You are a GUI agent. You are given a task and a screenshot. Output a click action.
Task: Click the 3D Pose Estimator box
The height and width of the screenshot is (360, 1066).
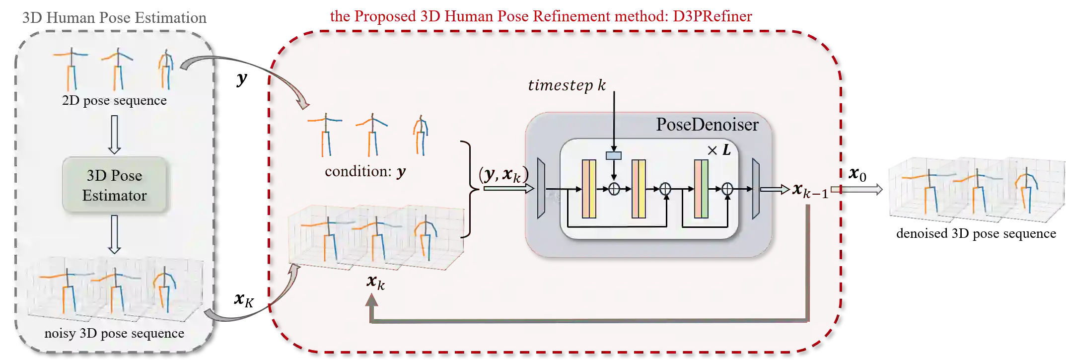click(114, 185)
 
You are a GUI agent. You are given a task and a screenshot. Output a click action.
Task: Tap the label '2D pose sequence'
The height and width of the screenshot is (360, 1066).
click(114, 100)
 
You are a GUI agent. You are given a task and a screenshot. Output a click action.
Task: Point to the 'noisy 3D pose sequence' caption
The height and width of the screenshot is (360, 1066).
click(114, 333)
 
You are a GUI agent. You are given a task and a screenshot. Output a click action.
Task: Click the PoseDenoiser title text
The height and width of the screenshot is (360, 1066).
click(707, 125)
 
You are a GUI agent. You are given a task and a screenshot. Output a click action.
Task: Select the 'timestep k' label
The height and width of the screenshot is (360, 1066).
click(567, 85)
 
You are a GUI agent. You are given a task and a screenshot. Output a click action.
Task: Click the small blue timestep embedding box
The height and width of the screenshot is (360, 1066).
click(614, 155)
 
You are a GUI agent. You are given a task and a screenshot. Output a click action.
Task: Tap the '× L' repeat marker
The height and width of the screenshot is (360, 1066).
click(719, 150)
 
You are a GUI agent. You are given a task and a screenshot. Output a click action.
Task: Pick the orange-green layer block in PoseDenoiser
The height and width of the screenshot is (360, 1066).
click(701, 189)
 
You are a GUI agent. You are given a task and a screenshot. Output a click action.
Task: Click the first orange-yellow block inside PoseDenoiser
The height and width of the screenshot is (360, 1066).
click(589, 189)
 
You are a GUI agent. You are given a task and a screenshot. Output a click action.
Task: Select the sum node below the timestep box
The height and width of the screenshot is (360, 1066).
click(614, 189)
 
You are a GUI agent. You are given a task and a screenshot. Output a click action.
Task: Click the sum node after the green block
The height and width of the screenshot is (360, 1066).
click(727, 189)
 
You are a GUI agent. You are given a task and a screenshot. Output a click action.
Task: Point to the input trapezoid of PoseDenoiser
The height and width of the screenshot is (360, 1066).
click(541, 189)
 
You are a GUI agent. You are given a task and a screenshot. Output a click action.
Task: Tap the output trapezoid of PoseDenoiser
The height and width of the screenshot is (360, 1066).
click(756, 189)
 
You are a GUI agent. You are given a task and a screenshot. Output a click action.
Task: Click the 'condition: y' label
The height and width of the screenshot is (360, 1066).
click(365, 172)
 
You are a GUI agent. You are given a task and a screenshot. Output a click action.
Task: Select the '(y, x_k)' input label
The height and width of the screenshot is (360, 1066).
click(502, 174)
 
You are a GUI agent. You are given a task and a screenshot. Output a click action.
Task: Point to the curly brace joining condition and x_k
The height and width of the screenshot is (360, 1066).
click(468, 189)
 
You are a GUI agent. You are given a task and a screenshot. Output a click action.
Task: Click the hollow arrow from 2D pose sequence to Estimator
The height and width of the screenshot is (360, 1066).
click(114, 135)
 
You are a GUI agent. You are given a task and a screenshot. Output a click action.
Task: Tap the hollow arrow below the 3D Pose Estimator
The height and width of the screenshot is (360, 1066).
click(114, 234)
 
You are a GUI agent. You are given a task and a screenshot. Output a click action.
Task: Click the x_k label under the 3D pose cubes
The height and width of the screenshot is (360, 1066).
click(375, 282)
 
